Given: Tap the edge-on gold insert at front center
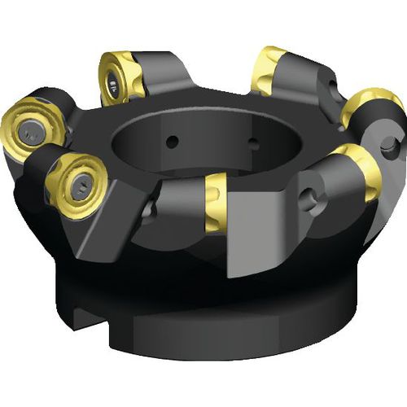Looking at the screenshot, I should [x=216, y=201].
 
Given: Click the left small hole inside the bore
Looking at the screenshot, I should [x=173, y=142].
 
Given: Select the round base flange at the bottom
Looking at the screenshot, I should [x=212, y=326].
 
